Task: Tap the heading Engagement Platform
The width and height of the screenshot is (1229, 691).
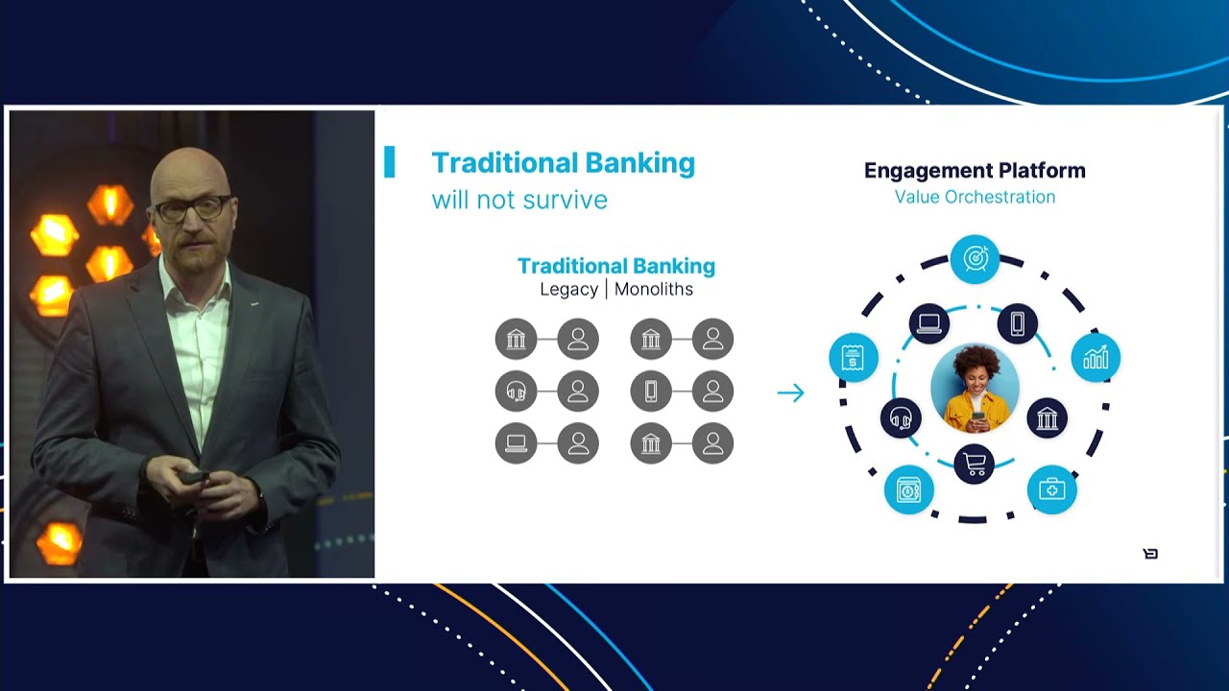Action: (975, 171)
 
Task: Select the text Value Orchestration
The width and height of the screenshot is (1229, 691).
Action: (975, 197)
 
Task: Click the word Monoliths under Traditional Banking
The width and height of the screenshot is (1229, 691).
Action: (654, 289)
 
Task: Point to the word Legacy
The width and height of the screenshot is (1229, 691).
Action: (568, 289)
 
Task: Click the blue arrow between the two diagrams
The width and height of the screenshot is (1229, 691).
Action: (790, 393)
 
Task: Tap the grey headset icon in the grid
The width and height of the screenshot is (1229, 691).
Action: (517, 392)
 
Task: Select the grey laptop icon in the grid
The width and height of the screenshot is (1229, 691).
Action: (517, 443)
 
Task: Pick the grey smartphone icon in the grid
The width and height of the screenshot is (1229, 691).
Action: (651, 392)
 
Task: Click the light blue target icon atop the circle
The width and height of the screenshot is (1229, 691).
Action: (975, 258)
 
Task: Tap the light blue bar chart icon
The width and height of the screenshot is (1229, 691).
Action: (1096, 358)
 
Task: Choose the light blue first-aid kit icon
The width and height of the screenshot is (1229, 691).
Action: (1052, 489)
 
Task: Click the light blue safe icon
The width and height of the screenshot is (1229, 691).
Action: (908, 490)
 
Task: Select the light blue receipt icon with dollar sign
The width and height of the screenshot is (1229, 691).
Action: (853, 358)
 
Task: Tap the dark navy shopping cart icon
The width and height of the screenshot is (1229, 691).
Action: (975, 465)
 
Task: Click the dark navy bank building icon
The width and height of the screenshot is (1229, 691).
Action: (1047, 418)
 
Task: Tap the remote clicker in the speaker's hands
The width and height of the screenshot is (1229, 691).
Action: (195, 477)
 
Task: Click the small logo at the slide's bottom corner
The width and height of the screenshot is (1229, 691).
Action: (1150, 554)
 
